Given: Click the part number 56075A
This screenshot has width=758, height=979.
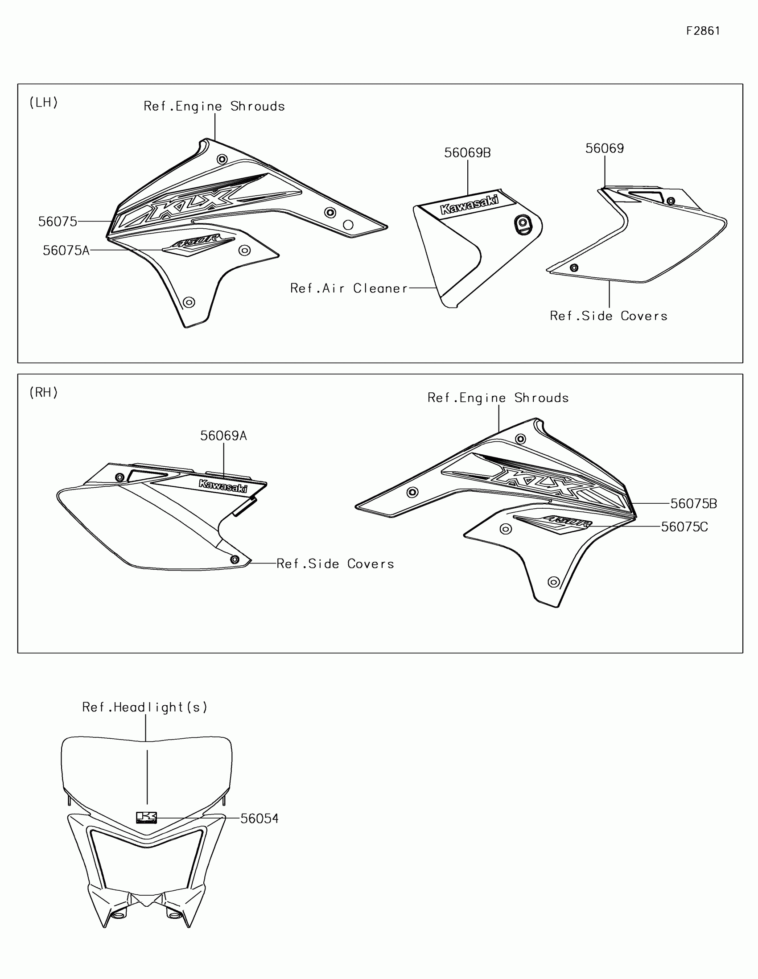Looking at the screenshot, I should coord(66,251).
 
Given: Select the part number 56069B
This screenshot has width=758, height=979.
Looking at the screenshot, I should coord(467,153).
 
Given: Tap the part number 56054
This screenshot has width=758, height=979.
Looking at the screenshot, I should coord(259,819).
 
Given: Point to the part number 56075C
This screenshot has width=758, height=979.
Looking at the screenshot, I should coord(684,527).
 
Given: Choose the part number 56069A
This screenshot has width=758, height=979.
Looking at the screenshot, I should coord(223,436).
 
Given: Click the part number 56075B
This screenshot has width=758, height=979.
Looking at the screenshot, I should coord(693,504).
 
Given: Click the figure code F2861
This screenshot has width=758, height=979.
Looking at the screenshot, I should coord(703,31).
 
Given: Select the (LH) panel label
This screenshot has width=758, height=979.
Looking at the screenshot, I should coord(44,103).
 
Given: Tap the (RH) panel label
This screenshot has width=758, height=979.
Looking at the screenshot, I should coord(44,393).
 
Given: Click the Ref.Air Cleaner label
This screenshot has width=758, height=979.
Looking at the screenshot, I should coord(349,288).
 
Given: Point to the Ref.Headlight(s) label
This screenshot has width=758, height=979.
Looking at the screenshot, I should coord(145,708).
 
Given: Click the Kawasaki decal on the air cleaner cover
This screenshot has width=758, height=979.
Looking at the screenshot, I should coord(470,205).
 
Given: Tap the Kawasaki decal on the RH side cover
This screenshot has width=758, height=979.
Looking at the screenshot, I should coord(223,486).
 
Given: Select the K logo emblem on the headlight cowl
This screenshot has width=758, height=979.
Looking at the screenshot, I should coord(146,818).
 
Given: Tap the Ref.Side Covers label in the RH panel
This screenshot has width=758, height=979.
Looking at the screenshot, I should coord(335,564).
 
